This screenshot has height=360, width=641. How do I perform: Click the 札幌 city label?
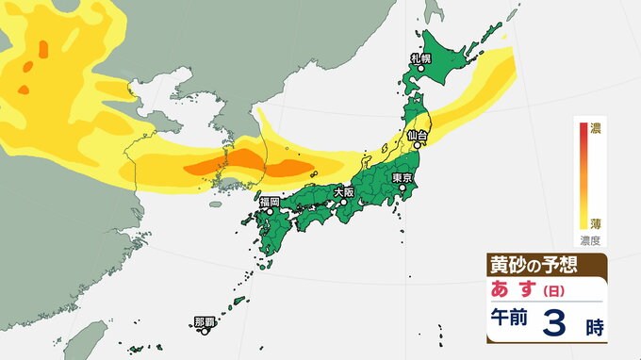tap(420, 58)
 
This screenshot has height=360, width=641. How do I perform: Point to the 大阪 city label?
tap(344, 191)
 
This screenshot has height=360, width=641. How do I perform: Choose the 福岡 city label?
tap(270, 202)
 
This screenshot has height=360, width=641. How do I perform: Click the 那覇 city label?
tap(205, 320)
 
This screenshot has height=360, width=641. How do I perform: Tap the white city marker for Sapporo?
tap(421, 69)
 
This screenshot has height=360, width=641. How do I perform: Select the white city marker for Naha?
tap(205, 330)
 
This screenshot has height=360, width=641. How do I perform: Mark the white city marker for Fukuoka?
tap(270, 212)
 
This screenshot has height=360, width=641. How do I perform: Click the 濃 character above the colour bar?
tap(596, 127)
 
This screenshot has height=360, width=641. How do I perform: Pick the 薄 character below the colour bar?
tap(596, 223)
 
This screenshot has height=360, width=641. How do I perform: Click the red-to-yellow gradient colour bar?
tap(582, 174)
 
